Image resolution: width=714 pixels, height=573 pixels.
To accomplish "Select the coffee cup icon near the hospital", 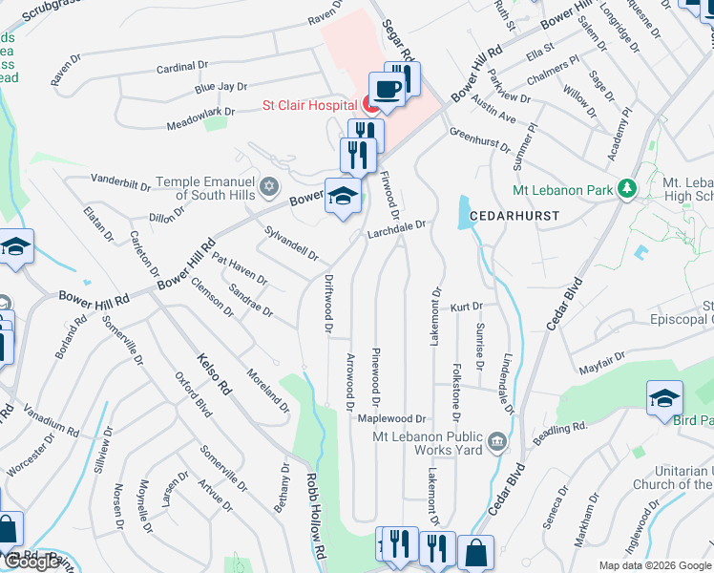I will pyautogui.click(x=386, y=91).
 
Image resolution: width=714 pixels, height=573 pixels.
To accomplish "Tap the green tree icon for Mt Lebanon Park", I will pyautogui.click(x=626, y=190).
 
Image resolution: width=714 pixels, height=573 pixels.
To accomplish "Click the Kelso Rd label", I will pyautogui.click(x=214, y=373).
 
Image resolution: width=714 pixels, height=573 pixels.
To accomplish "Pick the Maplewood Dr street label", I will pyautogui.click(x=391, y=418).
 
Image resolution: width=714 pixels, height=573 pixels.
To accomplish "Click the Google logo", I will pyautogui.click(x=32, y=562).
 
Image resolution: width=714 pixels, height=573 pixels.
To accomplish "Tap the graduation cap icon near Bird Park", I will pyautogui.click(x=664, y=398).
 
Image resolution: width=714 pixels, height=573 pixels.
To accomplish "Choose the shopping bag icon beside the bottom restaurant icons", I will pyautogui.click(x=475, y=552).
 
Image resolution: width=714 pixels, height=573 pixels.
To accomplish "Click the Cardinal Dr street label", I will pyautogui.click(x=182, y=67).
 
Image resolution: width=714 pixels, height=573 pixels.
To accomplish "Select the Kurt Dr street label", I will pyautogui.click(x=467, y=307).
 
